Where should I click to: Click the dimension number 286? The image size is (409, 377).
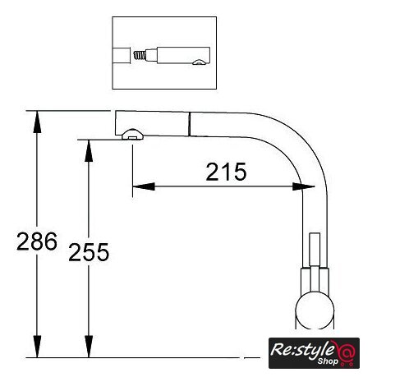coord(37,241)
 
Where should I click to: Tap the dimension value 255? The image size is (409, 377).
coord(89,252)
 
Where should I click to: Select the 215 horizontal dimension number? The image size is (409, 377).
coord(226,172)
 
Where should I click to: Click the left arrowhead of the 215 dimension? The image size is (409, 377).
coord(144,186)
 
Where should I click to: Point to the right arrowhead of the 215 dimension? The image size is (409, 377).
coord(303,186)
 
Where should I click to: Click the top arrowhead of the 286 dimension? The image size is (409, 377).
coord(37,122)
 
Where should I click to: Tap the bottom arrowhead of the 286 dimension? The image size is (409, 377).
coord(37,347)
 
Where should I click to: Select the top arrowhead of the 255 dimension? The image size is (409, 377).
coord(89,150)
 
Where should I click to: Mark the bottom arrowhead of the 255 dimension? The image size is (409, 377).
coord(89,347)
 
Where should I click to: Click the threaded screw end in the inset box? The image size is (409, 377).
coord(140,56)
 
